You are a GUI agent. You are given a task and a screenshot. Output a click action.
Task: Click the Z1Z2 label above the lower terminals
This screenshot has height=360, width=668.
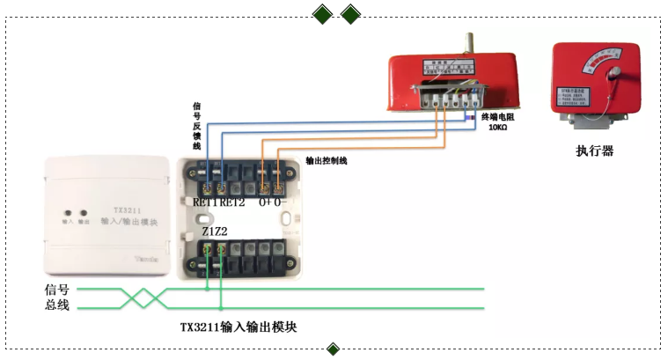[214, 231]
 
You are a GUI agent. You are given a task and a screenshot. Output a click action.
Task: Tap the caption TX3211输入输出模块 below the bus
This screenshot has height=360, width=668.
[239, 327]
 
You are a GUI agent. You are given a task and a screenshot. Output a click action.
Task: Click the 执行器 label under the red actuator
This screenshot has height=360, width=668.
[594, 151]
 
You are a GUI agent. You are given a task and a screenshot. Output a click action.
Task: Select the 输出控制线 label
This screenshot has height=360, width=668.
[327, 161]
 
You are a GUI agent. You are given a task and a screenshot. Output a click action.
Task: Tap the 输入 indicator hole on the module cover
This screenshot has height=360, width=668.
[68, 213]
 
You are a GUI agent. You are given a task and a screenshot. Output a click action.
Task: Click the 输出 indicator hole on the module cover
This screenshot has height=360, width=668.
[84, 213]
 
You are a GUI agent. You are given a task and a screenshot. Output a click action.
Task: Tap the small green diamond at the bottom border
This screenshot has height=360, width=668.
[333, 349]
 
